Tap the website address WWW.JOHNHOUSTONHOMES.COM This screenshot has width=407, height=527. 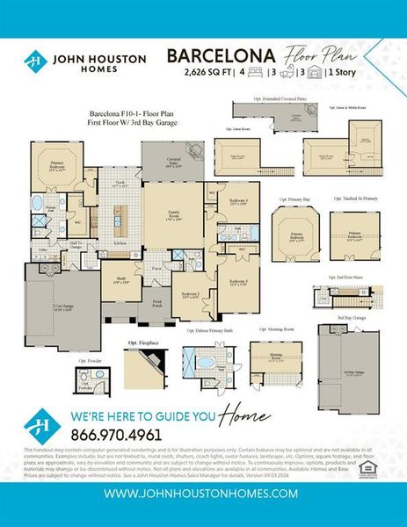tap(203, 495)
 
